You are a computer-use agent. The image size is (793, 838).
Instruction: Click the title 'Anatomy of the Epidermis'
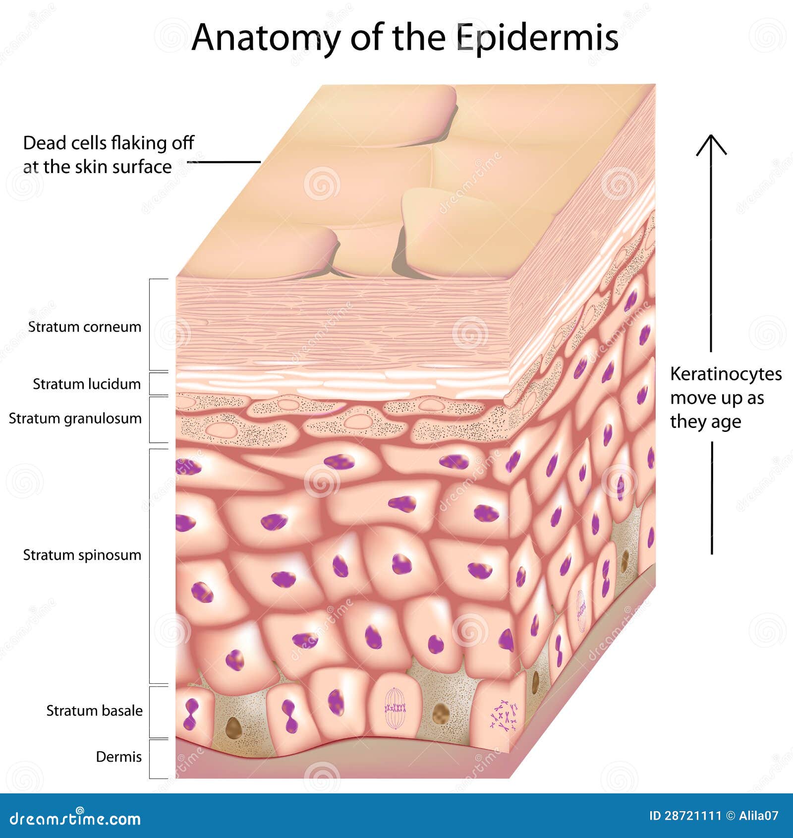[405, 38]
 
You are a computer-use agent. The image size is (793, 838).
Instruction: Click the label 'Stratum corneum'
[85, 327]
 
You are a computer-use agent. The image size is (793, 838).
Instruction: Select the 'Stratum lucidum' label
[87, 384]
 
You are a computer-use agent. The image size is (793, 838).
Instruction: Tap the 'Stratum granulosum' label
[75, 419]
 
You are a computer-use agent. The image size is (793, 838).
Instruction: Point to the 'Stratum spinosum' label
[82, 555]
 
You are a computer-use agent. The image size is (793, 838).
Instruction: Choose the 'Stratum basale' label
[94, 711]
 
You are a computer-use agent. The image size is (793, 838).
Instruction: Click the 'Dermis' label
[118, 757]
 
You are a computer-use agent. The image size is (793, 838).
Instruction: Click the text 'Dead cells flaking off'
[109, 143]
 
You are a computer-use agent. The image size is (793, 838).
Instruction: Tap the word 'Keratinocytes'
[726, 374]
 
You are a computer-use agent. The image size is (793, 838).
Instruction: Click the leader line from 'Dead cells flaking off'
[224, 162]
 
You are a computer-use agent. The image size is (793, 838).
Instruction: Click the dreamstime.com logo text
[75, 819]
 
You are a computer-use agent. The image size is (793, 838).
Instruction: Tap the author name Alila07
[758, 816]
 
